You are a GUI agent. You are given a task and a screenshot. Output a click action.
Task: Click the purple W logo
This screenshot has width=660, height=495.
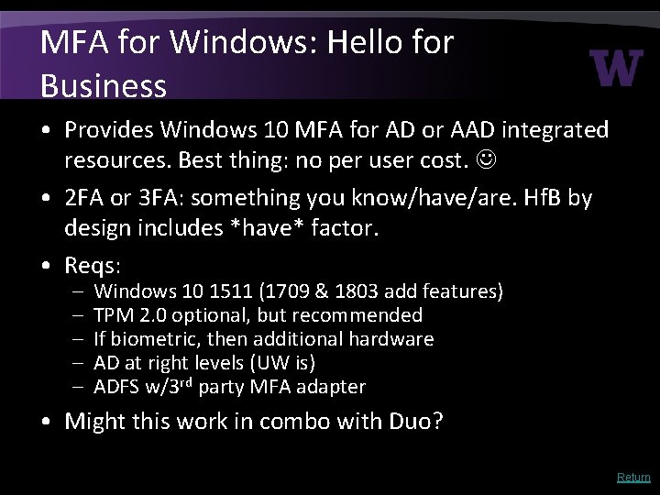[616, 67]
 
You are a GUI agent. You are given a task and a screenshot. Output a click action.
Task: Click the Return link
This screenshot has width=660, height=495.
[633, 477]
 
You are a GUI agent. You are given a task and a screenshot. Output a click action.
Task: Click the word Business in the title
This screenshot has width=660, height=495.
[104, 85]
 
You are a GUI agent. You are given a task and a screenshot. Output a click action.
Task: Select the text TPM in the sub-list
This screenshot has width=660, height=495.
[113, 316]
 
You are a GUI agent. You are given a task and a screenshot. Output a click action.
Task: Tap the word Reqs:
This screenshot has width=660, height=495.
[96, 267]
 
